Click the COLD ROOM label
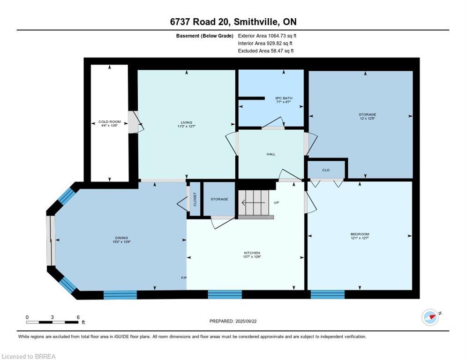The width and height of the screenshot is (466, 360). pyautogui.click(x=109, y=122)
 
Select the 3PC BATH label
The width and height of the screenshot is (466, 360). pyautogui.click(x=283, y=98)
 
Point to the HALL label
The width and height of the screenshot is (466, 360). pyautogui.click(x=271, y=154)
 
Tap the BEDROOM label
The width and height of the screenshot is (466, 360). pyautogui.click(x=360, y=234)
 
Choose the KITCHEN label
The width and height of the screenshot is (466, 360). pyautogui.click(x=252, y=253)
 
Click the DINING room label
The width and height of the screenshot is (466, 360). pyautogui.click(x=121, y=238)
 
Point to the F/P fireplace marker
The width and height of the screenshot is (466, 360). pyautogui.click(x=184, y=278)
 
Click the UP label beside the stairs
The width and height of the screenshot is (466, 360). pyautogui.click(x=277, y=202)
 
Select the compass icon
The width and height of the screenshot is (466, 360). pyautogui.click(x=430, y=317)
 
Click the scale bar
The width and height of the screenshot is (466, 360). pyautogui.click(x=53, y=322)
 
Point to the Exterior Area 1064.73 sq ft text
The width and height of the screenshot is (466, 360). pyautogui.click(x=267, y=36)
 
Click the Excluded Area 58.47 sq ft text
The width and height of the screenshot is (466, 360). pyautogui.click(x=266, y=51)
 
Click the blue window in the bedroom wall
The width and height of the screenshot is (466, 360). pyautogui.click(x=327, y=294)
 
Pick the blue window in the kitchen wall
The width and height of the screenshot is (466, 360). pyautogui.click(x=225, y=294)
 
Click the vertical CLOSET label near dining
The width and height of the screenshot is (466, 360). pyautogui.click(x=195, y=199)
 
